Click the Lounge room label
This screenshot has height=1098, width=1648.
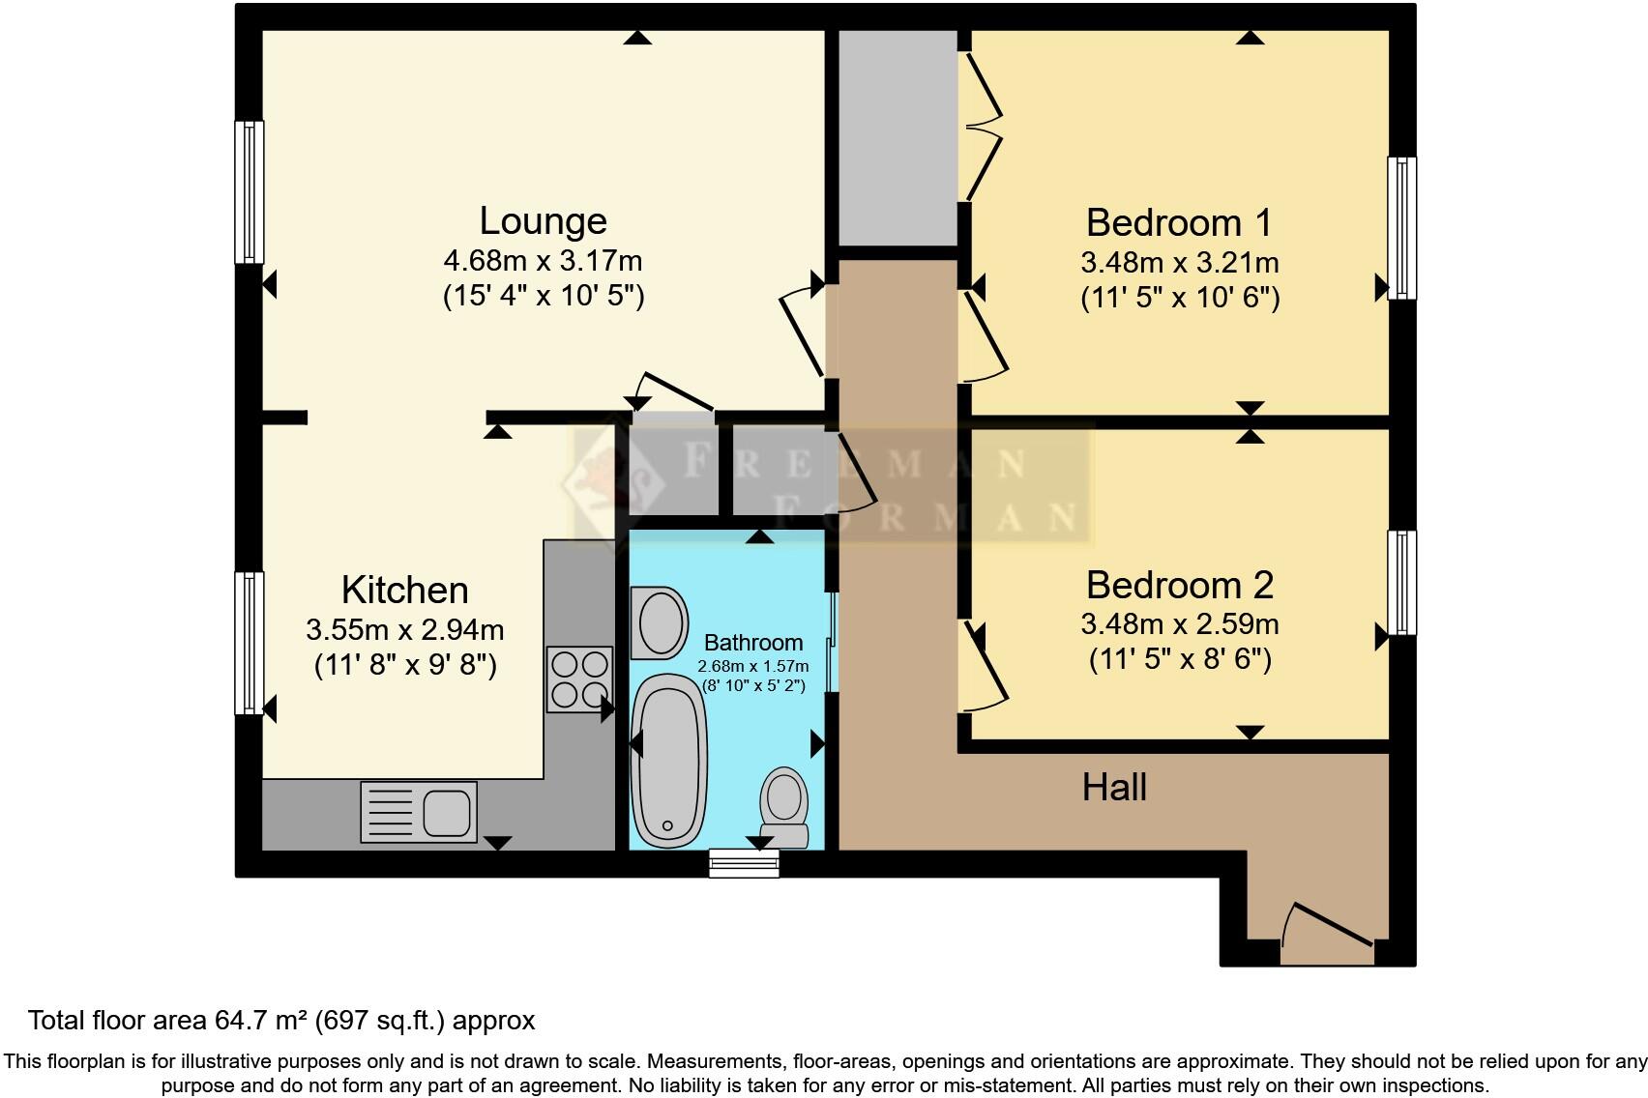543,221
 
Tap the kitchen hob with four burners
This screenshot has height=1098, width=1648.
579,679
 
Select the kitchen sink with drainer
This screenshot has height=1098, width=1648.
419,811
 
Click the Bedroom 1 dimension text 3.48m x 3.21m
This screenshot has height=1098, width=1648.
1179,262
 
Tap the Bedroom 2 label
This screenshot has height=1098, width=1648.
1179,585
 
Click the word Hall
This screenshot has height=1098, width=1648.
1114,788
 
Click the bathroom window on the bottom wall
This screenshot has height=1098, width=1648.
744,862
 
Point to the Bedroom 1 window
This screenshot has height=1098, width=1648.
1401,227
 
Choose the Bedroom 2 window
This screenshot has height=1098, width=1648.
1401,582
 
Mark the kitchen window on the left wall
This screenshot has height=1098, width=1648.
250,643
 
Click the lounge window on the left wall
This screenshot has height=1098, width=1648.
250,191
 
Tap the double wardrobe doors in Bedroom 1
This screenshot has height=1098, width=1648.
982,126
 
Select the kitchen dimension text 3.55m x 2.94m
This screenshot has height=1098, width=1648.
404,630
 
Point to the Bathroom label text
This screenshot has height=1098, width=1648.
752,643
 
